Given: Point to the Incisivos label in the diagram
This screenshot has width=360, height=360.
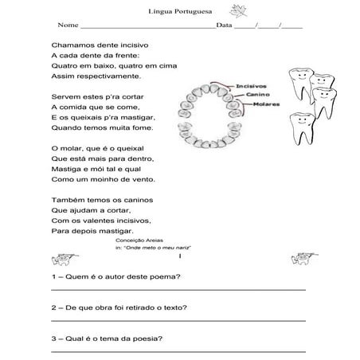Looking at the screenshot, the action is [x=251, y=86].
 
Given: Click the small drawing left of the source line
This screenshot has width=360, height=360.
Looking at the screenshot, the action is [x=61, y=259].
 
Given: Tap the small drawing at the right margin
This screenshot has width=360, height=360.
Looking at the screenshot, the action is [x=301, y=258].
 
